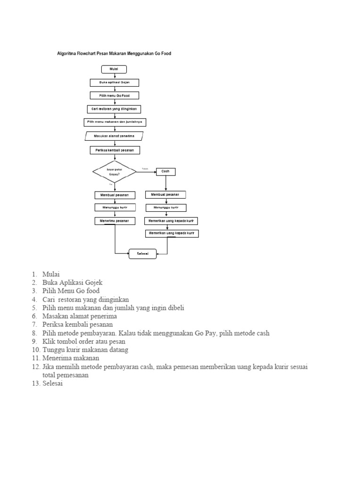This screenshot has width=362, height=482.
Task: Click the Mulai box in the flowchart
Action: click(114, 69)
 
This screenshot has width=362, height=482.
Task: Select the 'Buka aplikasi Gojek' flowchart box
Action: click(115, 82)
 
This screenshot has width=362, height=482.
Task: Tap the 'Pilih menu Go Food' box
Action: click(115, 96)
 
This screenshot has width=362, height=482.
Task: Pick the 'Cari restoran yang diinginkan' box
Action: click(115, 109)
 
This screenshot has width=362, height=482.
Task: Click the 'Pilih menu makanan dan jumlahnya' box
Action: click(115, 122)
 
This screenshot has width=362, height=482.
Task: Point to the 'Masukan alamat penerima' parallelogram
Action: click(115, 136)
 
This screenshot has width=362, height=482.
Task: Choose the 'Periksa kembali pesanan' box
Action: click(115, 150)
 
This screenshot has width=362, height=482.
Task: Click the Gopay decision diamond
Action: click(115, 172)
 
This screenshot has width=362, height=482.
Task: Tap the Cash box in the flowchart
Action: click(165, 172)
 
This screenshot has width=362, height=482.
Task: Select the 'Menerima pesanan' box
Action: click(115, 221)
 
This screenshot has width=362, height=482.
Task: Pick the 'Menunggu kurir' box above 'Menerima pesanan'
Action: click(115, 208)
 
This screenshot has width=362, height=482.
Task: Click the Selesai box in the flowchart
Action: click(142, 254)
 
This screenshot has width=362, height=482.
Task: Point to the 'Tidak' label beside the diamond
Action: click(144, 168)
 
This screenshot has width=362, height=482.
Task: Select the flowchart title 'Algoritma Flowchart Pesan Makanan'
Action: click(114, 54)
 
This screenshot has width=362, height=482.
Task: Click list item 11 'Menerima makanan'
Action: click(71, 358)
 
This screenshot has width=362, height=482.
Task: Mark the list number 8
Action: click(35, 333)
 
